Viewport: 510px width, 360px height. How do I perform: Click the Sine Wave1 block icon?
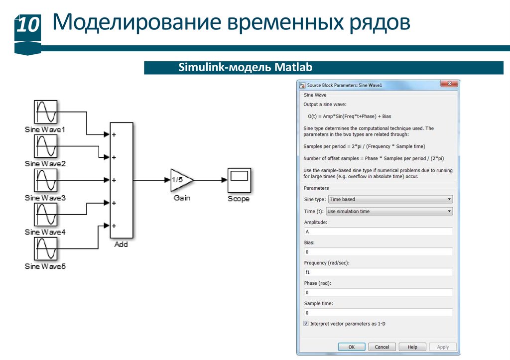[45, 112]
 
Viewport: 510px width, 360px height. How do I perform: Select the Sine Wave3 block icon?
[45, 180]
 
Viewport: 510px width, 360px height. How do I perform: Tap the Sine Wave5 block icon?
[45, 249]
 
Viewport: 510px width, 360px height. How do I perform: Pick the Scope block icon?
[239, 180]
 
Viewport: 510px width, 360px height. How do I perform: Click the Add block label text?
[121, 244]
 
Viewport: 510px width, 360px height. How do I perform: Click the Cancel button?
[382, 347]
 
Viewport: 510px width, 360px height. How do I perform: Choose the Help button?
[412, 347]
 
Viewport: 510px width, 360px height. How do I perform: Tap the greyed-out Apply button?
[442, 347]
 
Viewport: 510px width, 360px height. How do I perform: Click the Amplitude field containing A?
[378, 232]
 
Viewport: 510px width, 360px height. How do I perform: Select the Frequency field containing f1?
[378, 272]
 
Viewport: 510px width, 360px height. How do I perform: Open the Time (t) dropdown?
[389, 211]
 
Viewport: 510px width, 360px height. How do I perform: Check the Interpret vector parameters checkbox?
[306, 324]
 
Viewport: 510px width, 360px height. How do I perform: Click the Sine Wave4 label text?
[45, 232]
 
